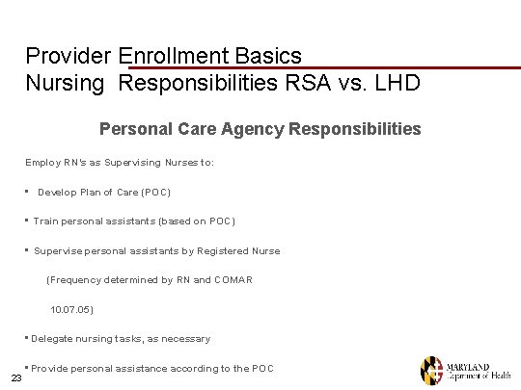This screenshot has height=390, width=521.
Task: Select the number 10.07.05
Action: tap(71, 309)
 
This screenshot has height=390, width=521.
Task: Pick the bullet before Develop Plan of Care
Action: tap(29, 192)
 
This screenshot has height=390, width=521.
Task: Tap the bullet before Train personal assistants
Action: tap(27, 221)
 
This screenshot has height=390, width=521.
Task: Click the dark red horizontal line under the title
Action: tap(318, 67)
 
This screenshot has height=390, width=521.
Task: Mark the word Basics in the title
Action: tap(271, 56)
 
